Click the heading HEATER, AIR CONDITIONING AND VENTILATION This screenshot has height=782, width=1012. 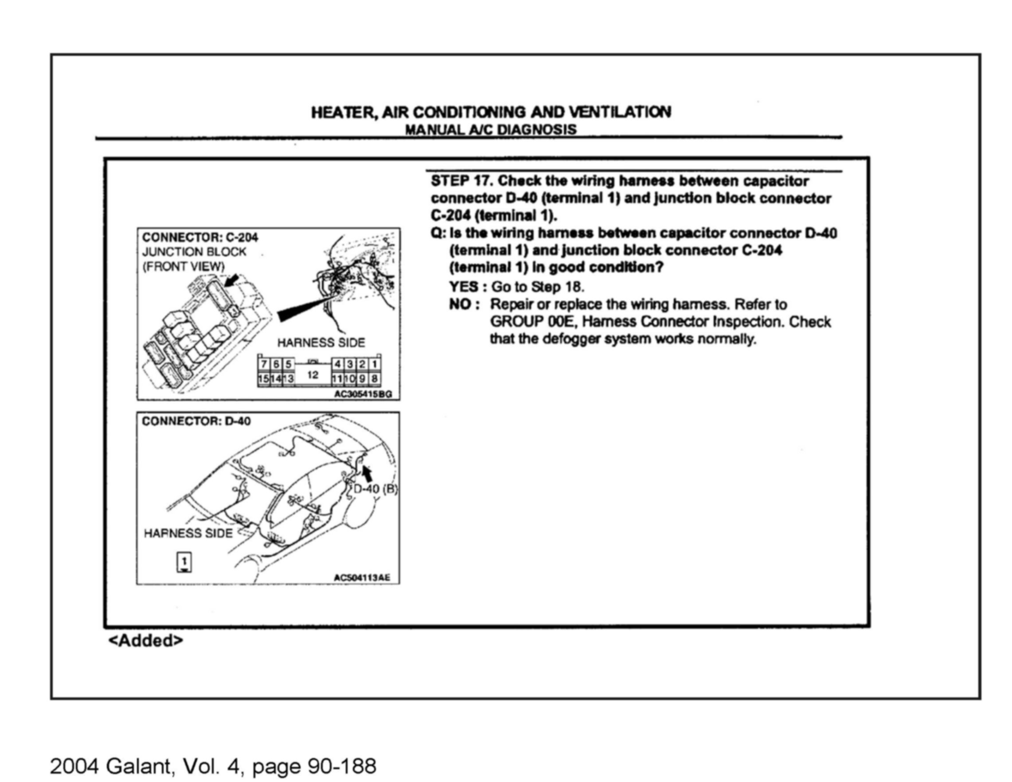tap(491, 112)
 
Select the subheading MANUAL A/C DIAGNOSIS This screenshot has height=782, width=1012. tap(491, 130)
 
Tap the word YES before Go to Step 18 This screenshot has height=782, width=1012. tap(464, 287)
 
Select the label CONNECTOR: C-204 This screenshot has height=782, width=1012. tap(200, 237)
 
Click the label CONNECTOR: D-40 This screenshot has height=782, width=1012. tap(196, 421)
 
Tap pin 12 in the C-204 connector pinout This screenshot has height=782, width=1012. tap(313, 375)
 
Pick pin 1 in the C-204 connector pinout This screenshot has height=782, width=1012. tap(375, 364)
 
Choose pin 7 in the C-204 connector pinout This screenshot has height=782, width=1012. tap(264, 364)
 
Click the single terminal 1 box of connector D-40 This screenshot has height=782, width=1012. tap(184, 561)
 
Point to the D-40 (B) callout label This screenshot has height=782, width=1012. tap(375, 489)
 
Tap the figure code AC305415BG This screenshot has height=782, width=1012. tap(363, 394)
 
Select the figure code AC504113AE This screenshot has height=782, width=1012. tap(361, 578)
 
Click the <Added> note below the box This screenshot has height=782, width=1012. tap(145, 640)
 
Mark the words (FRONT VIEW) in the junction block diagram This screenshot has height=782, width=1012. tap(184, 267)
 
